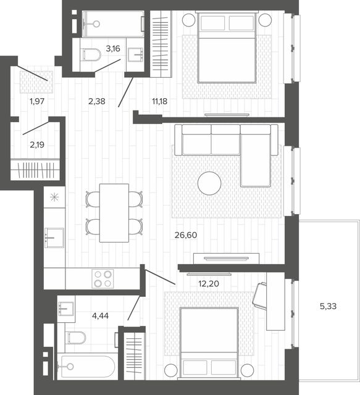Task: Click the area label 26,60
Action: (186, 235)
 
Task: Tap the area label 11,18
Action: (159, 101)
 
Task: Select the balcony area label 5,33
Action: (328, 306)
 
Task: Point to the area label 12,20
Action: (209, 284)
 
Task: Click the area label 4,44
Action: (100, 315)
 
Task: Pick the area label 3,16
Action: (112, 48)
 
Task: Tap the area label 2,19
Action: (37, 144)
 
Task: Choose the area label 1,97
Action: (37, 101)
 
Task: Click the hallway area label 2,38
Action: (97, 101)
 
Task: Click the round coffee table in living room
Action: (209, 183)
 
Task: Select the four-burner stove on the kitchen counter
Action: (103, 278)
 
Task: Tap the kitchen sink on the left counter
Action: (54, 238)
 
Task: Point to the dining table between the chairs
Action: (114, 213)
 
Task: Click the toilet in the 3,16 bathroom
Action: (92, 55)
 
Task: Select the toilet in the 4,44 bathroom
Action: (77, 338)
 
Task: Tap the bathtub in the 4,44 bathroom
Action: (86, 367)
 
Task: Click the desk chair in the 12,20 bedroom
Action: (260, 295)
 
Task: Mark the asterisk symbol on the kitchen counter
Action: (54, 197)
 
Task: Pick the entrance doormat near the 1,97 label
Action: (36, 81)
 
